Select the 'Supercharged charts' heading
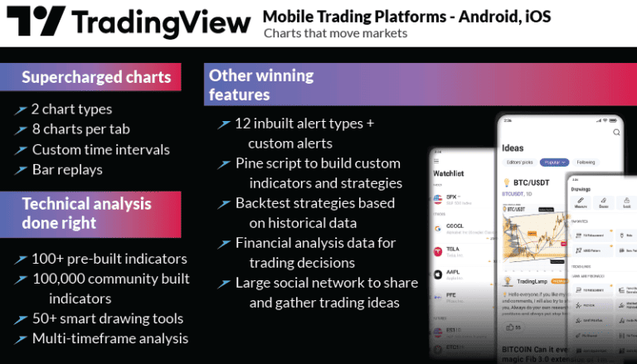pos(96,78)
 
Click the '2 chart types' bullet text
pos(71,109)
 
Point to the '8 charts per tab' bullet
pos(80,129)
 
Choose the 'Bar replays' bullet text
pos(67,170)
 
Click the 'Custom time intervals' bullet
pos(100,150)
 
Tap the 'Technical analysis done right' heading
pos(86,213)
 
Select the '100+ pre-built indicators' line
pos(109,259)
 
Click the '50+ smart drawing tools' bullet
pos(107,318)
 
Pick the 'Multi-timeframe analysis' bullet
pos(109,338)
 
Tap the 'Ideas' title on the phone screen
pos(513,148)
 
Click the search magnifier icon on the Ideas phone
pos(615,132)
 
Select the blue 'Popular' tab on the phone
pos(553,163)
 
